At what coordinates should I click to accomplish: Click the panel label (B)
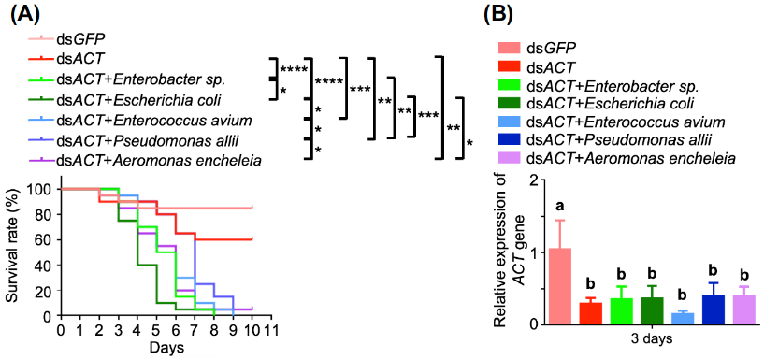[495, 13]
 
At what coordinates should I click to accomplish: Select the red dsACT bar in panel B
[591, 312]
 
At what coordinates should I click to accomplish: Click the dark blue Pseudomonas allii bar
[713, 310]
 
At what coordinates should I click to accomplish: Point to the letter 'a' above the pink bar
[560, 205]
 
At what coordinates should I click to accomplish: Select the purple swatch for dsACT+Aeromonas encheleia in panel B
[508, 159]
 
